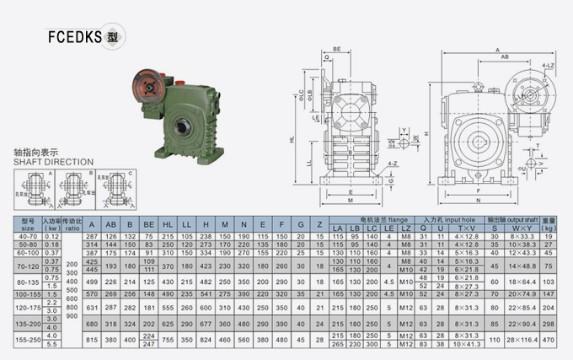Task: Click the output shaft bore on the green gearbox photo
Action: pos(182,127)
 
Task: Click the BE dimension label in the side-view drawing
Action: pos(337,50)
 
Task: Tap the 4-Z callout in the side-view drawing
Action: pos(393,163)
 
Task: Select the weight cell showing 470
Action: pos(550,341)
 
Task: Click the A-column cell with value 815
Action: pos(92,341)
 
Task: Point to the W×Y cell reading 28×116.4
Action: pos(522,341)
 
